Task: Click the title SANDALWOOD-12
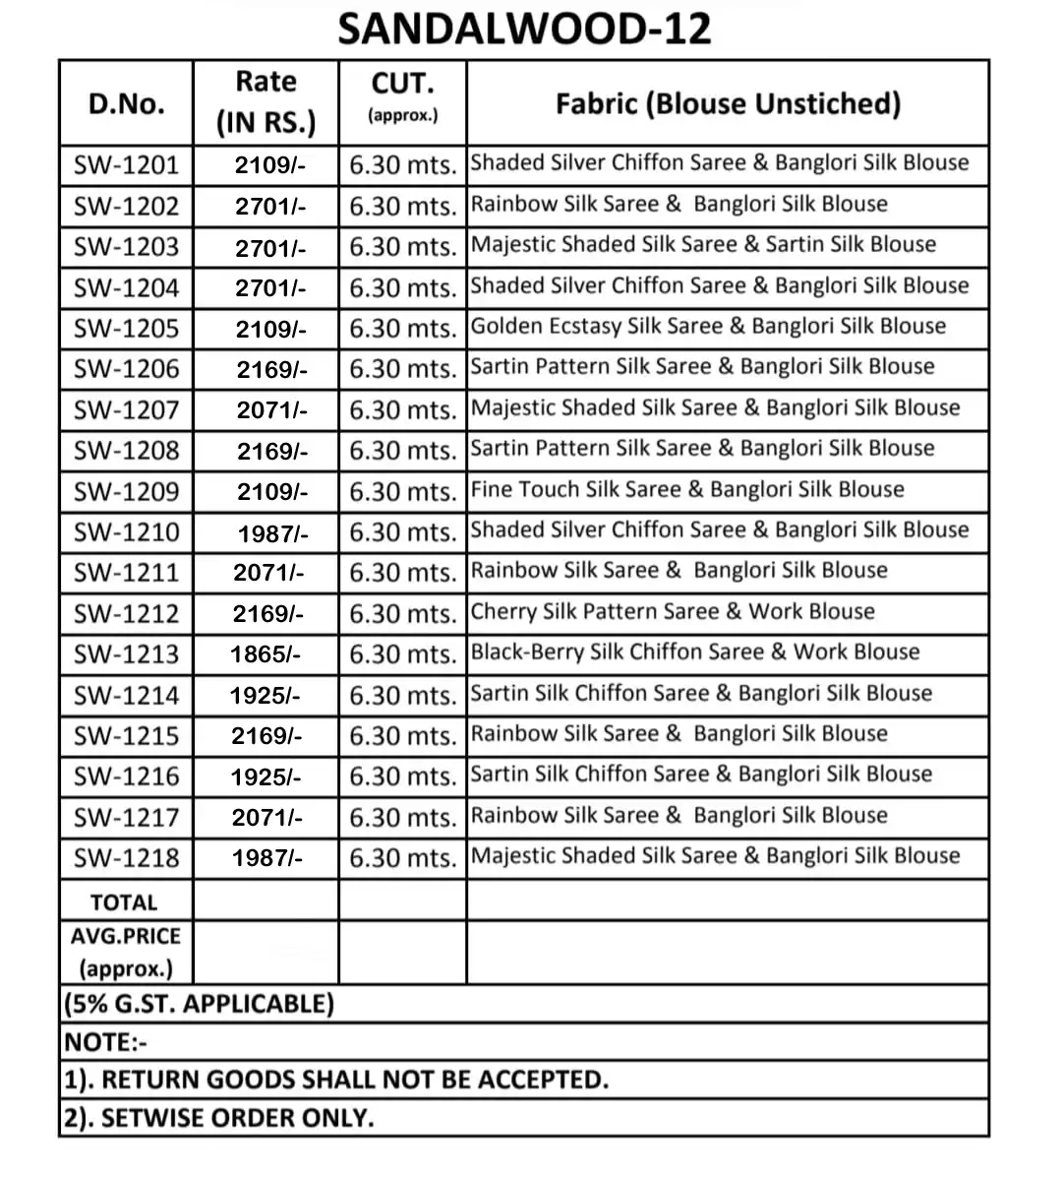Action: click(x=524, y=30)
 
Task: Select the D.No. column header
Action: click(x=126, y=103)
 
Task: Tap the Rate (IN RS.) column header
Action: click(x=265, y=102)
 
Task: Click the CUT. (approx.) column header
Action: click(x=402, y=96)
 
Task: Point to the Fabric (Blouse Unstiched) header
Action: click(x=728, y=103)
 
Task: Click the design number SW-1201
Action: click(x=126, y=164)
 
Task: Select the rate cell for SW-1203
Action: click(x=270, y=247)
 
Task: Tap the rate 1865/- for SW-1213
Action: click(x=265, y=654)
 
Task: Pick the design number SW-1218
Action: click(x=126, y=858)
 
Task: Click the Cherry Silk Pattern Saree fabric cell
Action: click(x=673, y=611)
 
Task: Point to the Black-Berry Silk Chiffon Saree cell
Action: click(x=695, y=652)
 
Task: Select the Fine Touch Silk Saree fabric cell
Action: click(x=687, y=489)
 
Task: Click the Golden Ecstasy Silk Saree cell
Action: click(x=708, y=326)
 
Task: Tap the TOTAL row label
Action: click(x=124, y=901)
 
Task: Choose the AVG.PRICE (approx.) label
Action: click(x=126, y=952)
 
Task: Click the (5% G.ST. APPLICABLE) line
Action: click(x=200, y=1004)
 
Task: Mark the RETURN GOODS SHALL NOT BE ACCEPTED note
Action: click(x=336, y=1080)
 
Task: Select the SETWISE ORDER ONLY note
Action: click(x=218, y=1118)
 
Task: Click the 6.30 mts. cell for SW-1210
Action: click(x=402, y=532)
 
